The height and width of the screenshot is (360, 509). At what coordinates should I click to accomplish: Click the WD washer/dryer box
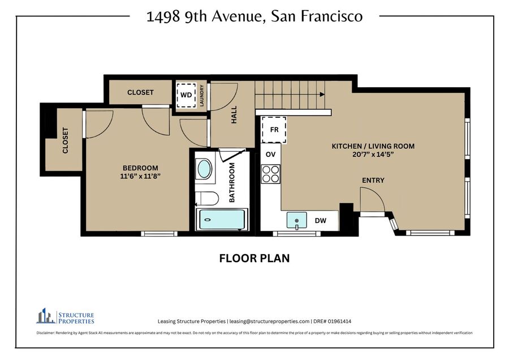click(186, 95)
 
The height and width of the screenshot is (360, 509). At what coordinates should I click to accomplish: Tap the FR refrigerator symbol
click(274, 130)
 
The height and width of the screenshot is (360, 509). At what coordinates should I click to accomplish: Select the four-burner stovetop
click(271, 174)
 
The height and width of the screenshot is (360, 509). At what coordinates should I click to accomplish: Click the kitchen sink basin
click(296, 220)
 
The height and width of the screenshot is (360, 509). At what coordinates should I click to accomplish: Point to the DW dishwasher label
click(321, 221)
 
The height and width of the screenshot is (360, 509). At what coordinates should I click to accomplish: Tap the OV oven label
click(270, 155)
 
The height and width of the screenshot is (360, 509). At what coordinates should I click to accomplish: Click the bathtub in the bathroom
click(222, 220)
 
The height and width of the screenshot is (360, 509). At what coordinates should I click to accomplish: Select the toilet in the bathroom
click(207, 198)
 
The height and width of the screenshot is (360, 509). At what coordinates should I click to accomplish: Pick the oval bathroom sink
click(205, 169)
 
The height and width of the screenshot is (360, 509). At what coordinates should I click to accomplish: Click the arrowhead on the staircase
click(322, 95)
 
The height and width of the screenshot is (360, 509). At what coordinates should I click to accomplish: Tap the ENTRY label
click(373, 181)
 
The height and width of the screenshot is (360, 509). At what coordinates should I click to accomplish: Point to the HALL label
click(234, 115)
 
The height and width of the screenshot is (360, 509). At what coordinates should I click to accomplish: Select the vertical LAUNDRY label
click(201, 96)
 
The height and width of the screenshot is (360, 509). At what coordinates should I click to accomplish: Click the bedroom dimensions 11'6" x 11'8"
click(141, 177)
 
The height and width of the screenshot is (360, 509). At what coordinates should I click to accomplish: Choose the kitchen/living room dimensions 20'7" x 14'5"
click(373, 155)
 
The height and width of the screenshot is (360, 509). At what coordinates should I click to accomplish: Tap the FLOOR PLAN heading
click(255, 258)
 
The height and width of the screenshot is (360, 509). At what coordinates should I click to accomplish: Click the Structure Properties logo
click(65, 316)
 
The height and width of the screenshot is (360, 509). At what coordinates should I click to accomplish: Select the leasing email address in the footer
click(269, 322)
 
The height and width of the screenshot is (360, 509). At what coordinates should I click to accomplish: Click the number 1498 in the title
click(163, 16)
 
